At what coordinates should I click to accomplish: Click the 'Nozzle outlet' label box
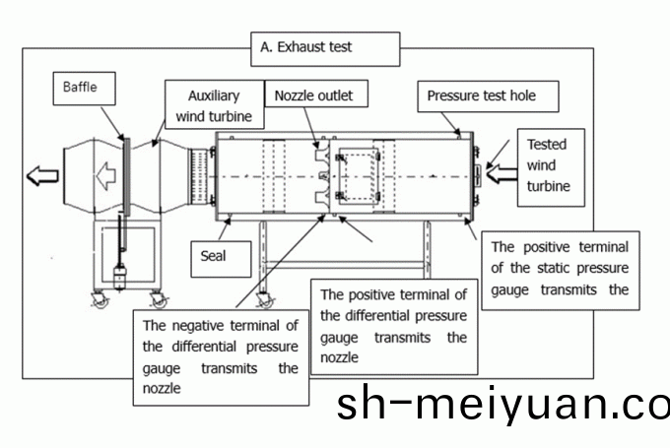(x=313, y=96)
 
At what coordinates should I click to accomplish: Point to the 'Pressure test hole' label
(x=489, y=96)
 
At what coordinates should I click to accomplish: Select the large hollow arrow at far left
(x=42, y=176)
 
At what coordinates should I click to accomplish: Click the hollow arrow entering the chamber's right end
(x=500, y=175)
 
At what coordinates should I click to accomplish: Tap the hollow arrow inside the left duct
(x=105, y=176)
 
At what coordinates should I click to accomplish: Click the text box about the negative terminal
(x=220, y=355)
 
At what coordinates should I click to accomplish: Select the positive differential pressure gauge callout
(x=393, y=325)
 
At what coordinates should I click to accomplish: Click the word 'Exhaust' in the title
(x=301, y=46)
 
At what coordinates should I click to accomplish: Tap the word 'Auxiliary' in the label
(x=216, y=96)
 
